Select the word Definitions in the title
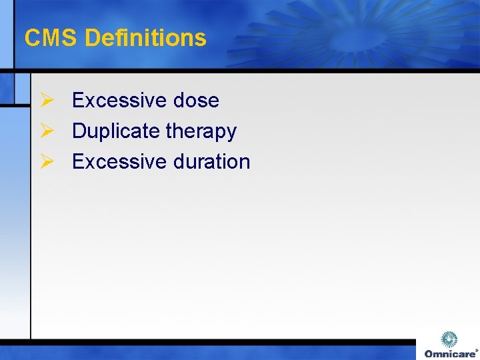(x=145, y=38)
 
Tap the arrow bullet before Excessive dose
(x=46, y=100)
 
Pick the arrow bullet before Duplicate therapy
(x=46, y=131)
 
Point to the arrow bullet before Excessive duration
(x=46, y=161)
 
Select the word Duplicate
(x=116, y=131)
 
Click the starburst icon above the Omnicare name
(x=450, y=339)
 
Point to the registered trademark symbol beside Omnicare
(x=476, y=349)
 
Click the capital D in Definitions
(x=92, y=38)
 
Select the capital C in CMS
(x=32, y=38)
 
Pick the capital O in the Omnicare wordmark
(x=429, y=353)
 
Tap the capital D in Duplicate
(x=79, y=131)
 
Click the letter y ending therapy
(x=231, y=133)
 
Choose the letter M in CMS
(x=51, y=38)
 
